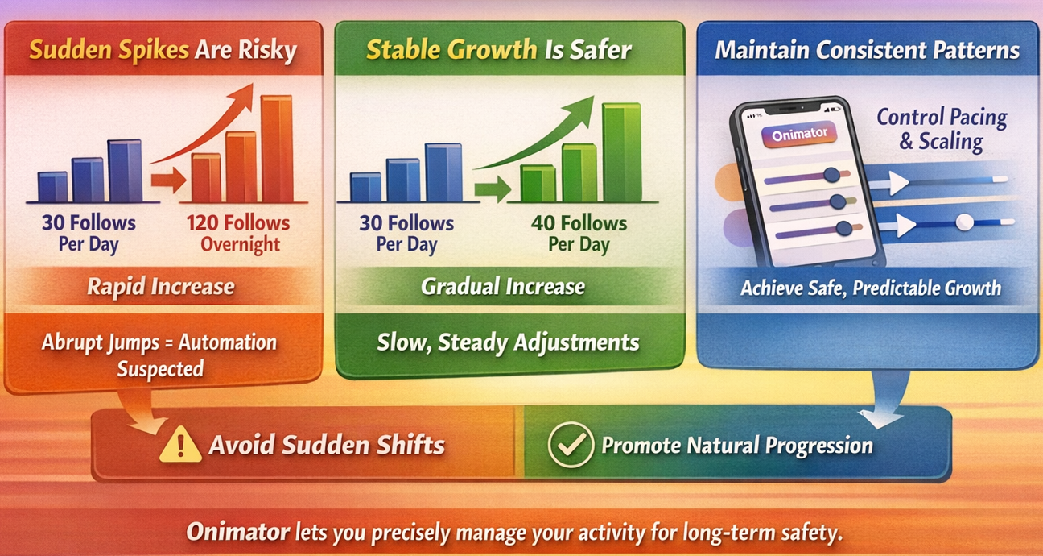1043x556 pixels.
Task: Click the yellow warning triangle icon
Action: coord(180,445)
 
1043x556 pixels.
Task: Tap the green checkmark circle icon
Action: coord(571,445)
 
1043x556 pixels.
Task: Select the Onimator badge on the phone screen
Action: coord(799,135)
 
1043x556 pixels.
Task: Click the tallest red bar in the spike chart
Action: coord(277,149)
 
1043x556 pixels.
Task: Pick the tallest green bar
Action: coord(621,152)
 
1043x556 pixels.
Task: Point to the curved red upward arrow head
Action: coord(241,97)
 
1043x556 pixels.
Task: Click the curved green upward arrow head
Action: coord(580,110)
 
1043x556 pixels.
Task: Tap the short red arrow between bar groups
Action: coord(168,180)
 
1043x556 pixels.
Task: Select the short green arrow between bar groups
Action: coord(493,189)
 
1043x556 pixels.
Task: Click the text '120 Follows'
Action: coord(238,222)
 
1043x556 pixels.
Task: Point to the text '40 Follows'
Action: coord(579,223)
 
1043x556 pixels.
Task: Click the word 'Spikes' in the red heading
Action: coord(154,50)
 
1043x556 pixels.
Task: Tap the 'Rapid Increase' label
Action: coord(161,287)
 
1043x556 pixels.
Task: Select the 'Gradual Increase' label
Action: coord(503,287)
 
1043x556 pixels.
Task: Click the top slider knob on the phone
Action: coord(831,175)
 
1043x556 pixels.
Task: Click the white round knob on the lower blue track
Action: coord(964,222)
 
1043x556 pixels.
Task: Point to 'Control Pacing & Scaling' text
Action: coord(942,129)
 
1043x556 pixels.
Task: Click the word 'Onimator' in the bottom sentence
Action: coord(238,532)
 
